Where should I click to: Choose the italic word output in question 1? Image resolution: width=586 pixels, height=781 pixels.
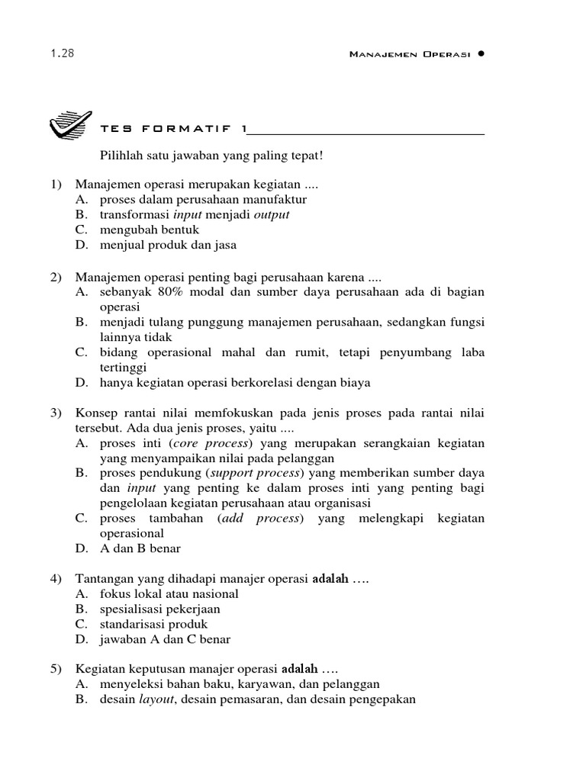click(x=272, y=215)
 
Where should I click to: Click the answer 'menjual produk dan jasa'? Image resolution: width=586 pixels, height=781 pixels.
click(x=168, y=246)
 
